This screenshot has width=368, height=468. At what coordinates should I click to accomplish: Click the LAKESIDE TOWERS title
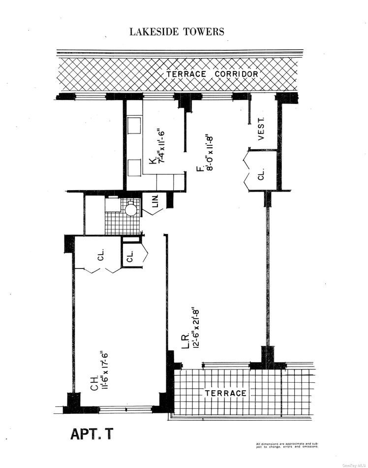177,32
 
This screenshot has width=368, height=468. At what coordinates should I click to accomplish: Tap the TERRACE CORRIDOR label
212,74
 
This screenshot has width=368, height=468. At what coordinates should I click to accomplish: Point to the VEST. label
261,129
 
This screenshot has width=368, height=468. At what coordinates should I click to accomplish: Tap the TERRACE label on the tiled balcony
225,393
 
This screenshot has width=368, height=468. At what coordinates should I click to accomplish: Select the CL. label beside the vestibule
261,174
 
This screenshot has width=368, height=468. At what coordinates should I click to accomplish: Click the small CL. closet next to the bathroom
130,257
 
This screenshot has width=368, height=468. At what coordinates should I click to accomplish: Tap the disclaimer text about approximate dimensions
287,446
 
